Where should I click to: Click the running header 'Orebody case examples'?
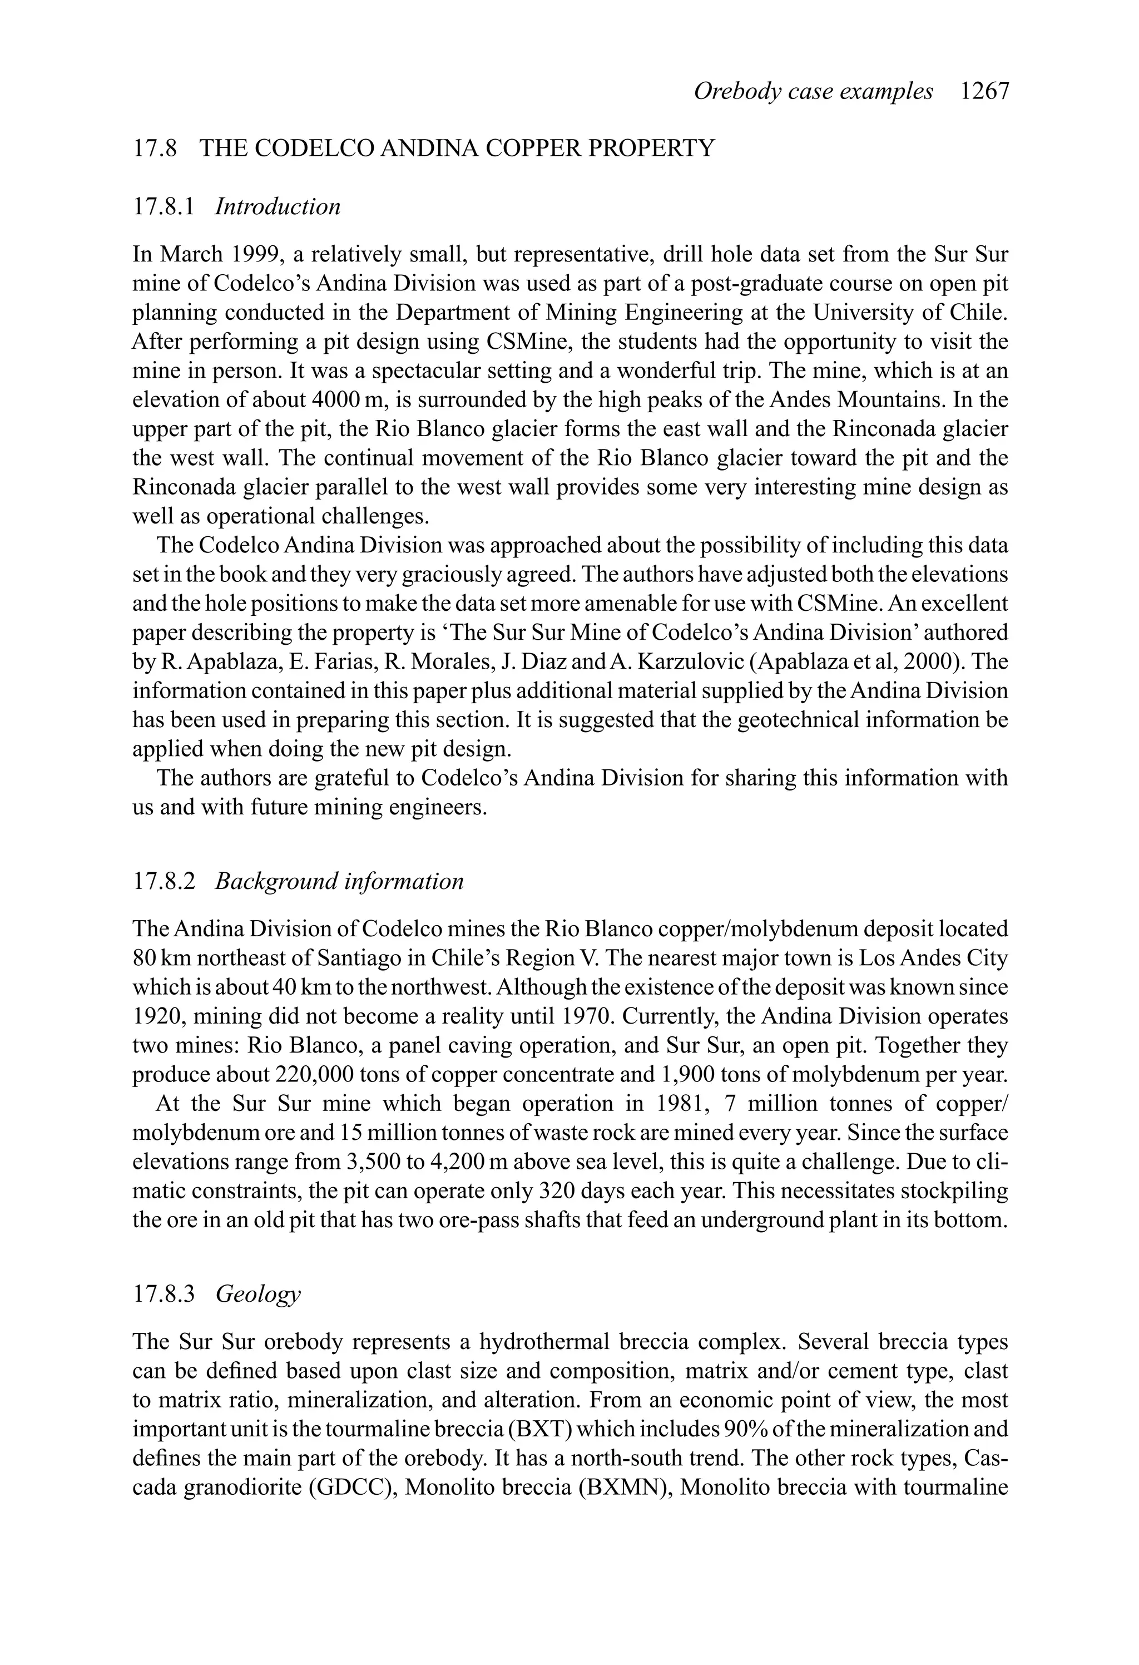click(813, 92)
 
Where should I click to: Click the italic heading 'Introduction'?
click(277, 207)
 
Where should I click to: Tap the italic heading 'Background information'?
click(339, 881)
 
